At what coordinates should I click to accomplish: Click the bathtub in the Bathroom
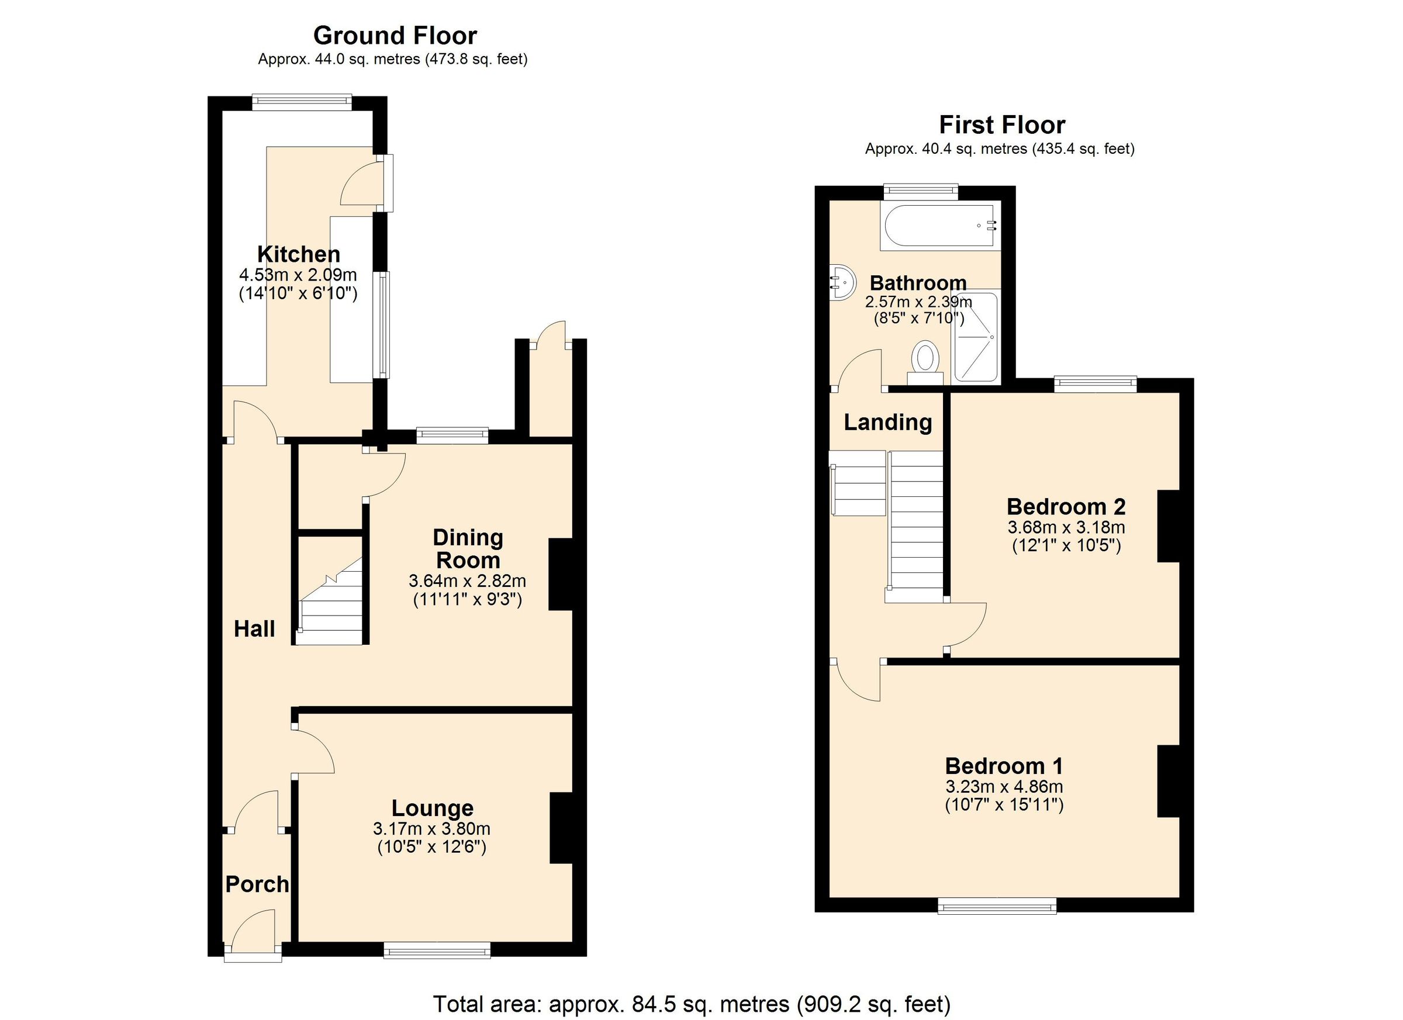[x=939, y=226]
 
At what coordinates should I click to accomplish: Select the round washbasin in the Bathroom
[x=842, y=283]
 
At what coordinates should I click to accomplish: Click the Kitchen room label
[x=298, y=254]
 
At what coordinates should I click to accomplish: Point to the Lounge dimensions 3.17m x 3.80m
[x=431, y=828]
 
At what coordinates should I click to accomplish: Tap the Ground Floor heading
[x=395, y=36]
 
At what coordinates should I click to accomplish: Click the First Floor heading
[x=1001, y=125]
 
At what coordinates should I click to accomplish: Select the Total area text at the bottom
[x=691, y=1003]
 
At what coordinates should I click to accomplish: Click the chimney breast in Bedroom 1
[x=1168, y=782]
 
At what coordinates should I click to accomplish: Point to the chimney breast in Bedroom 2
[x=1168, y=525]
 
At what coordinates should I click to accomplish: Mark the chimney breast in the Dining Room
[x=560, y=575]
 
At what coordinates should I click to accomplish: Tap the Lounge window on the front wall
[x=437, y=949]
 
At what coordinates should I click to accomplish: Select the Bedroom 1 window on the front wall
[x=997, y=907]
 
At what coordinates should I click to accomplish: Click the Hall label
[x=254, y=629]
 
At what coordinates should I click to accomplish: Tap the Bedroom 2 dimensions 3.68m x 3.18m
[x=1066, y=528]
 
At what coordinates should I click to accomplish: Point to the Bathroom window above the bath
[x=921, y=192]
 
